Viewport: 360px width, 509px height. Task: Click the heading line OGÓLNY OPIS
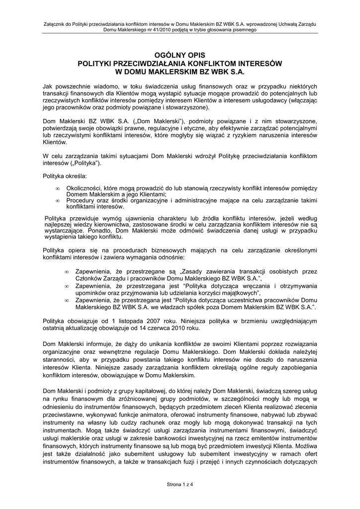point(180,55)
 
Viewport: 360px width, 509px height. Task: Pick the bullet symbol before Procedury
point(59,201)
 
